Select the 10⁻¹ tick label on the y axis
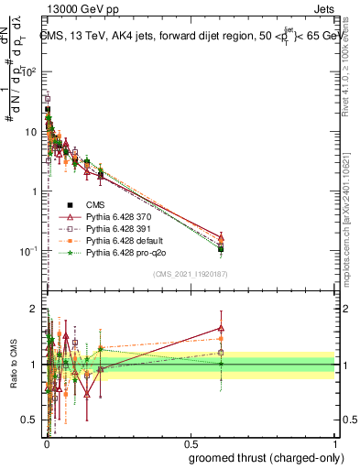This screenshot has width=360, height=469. (29, 251)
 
